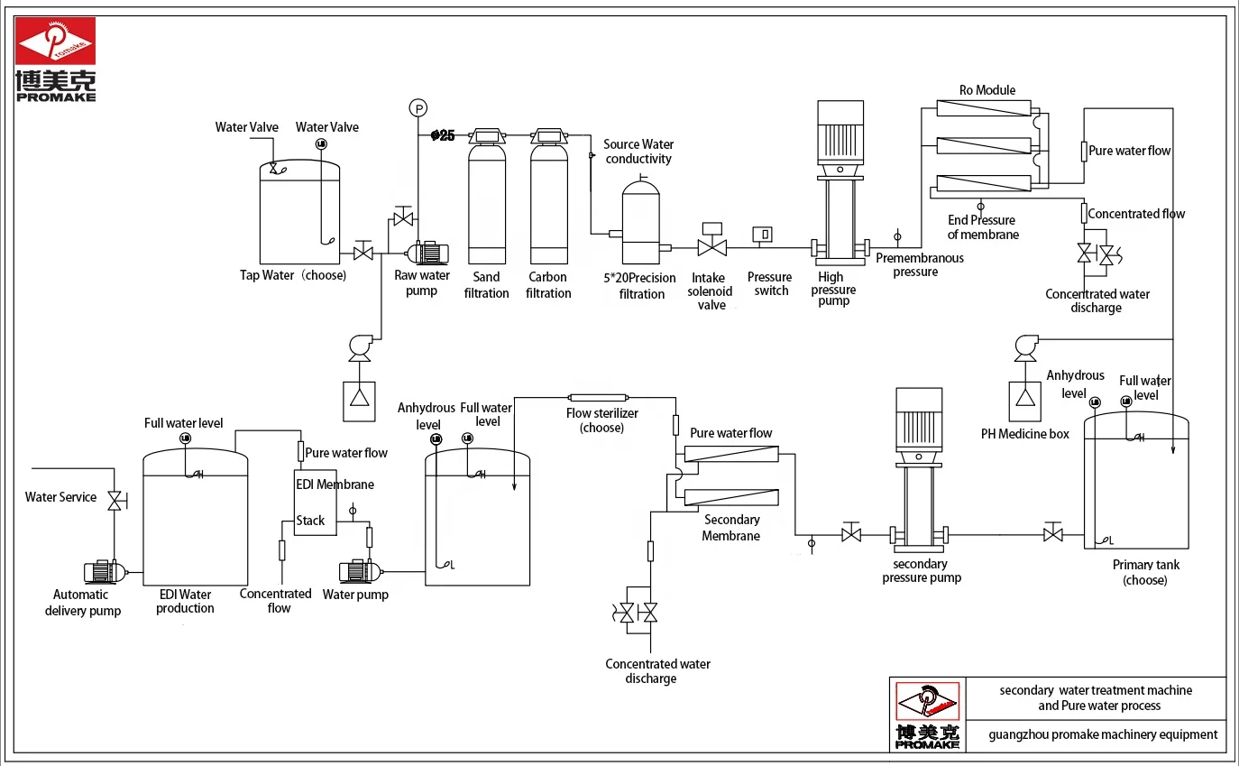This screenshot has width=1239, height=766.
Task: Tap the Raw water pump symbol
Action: [427, 254]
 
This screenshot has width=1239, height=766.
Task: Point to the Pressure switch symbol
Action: [764, 235]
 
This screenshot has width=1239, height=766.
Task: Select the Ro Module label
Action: [987, 90]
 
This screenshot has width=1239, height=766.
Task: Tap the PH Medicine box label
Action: [1024, 434]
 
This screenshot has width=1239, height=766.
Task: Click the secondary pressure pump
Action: [919, 469]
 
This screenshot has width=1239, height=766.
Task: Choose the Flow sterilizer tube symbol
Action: [597, 396]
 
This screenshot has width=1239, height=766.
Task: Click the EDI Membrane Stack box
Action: [315, 502]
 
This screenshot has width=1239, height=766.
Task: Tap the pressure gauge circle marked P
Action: [418, 108]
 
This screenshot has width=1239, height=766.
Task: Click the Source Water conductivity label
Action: [638, 152]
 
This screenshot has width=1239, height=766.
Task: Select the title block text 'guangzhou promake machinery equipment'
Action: [1103, 734]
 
